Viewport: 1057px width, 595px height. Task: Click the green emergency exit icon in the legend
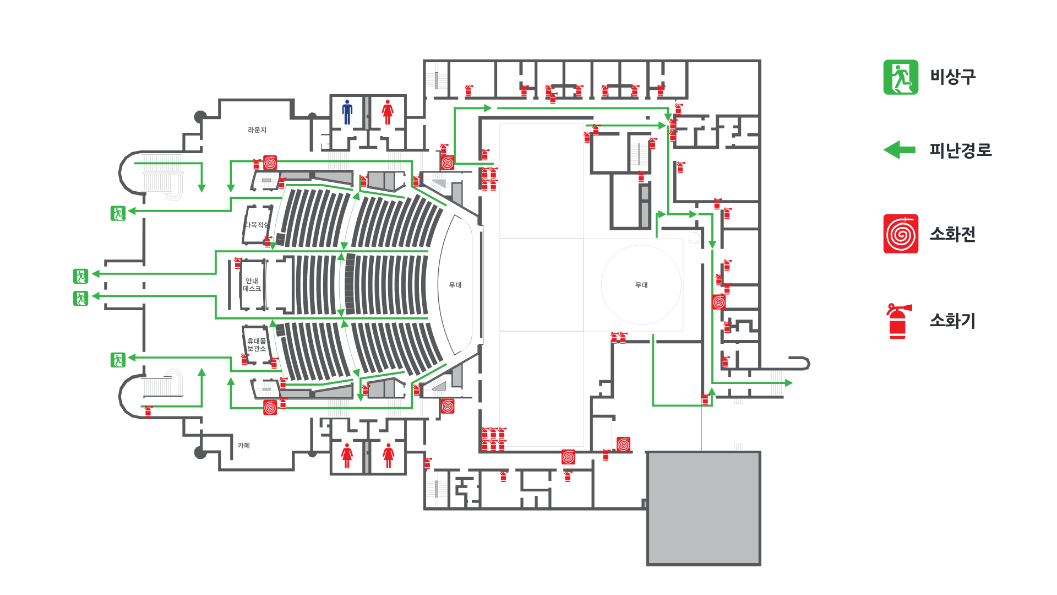tap(901, 77)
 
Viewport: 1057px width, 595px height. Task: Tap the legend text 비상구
tap(952, 77)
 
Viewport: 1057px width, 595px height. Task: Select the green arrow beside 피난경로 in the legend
tap(900, 149)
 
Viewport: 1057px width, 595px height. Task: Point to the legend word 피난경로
tap(960, 150)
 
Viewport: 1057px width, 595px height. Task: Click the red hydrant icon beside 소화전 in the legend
tap(901, 234)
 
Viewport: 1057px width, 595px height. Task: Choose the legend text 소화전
tap(952, 234)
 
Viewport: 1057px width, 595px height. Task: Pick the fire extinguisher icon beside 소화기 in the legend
tap(898, 321)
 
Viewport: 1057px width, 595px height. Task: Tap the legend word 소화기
tap(952, 321)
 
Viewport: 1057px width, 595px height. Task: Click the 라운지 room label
tap(257, 130)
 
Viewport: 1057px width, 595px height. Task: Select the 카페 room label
tap(244, 445)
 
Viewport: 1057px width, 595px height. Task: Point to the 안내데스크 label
tap(252, 285)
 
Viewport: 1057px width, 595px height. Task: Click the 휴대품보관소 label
tap(257, 345)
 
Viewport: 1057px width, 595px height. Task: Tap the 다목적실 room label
tap(257, 225)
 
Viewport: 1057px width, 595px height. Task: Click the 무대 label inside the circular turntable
tap(641, 285)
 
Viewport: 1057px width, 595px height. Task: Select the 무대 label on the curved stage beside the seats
tap(455, 285)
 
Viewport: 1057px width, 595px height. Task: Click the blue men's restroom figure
tap(347, 112)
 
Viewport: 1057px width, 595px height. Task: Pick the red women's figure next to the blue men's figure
tap(388, 112)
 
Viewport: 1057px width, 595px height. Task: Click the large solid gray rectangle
tap(704, 508)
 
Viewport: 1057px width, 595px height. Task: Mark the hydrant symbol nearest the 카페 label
tap(270, 407)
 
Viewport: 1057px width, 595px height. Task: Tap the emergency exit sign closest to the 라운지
tap(118, 213)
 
